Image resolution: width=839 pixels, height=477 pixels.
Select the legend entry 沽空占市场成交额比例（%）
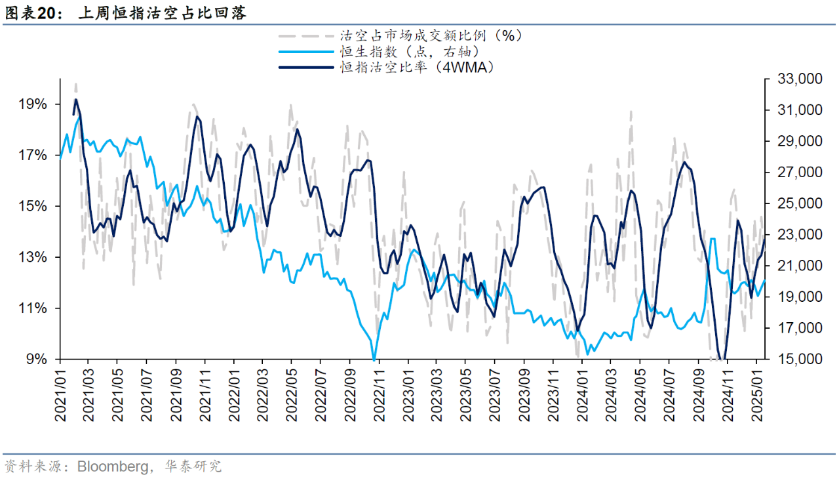(x=430, y=35)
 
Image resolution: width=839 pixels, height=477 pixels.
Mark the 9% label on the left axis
(x=36, y=359)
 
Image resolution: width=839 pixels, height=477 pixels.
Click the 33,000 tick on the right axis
(x=798, y=79)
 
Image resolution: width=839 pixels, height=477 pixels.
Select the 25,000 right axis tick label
(x=798, y=204)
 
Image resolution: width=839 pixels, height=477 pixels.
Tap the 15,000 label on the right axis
(x=798, y=360)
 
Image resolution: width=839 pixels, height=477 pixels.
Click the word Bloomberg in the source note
(x=113, y=467)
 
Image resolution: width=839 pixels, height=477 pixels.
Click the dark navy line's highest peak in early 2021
(x=76, y=100)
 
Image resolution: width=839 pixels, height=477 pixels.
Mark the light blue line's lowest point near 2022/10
(x=374, y=359)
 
